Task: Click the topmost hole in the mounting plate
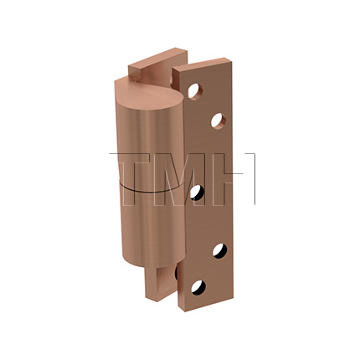point(195,90)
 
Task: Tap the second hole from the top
point(218,121)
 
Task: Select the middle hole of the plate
point(197,192)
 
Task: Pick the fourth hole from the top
point(219,249)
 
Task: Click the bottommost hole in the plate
point(198,286)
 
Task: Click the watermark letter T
point(134,179)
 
